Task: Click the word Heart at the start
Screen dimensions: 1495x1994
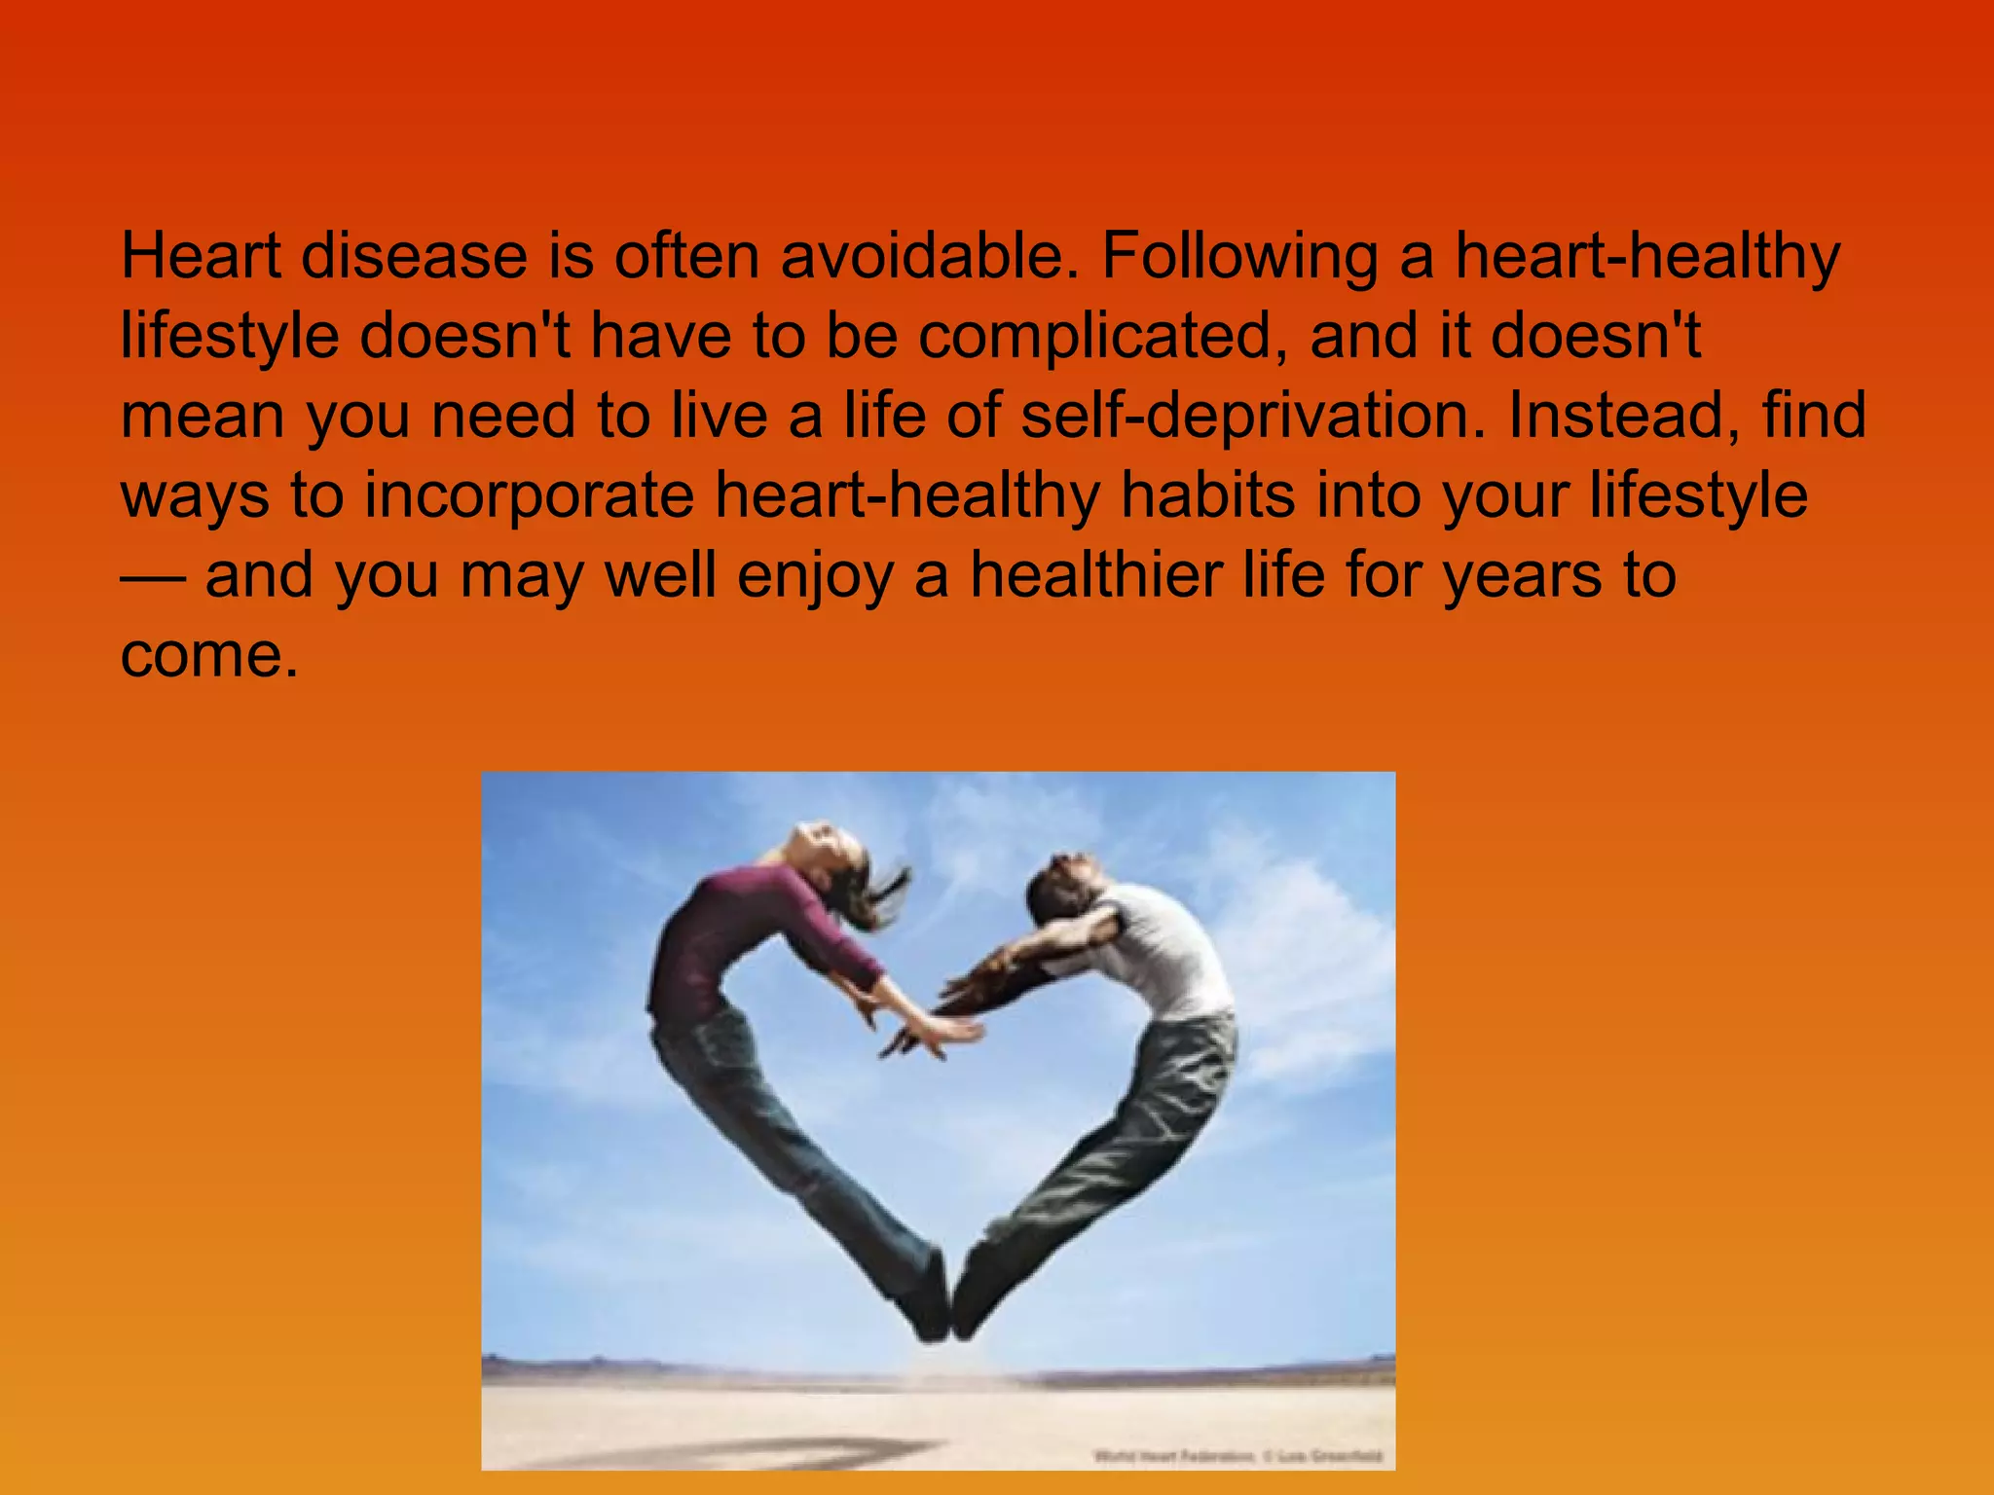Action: point(200,257)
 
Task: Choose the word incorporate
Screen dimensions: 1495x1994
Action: point(529,496)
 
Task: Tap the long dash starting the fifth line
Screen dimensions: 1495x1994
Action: point(152,576)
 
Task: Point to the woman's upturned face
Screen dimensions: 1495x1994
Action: point(823,842)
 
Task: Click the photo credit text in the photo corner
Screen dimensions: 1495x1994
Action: point(1237,1456)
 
